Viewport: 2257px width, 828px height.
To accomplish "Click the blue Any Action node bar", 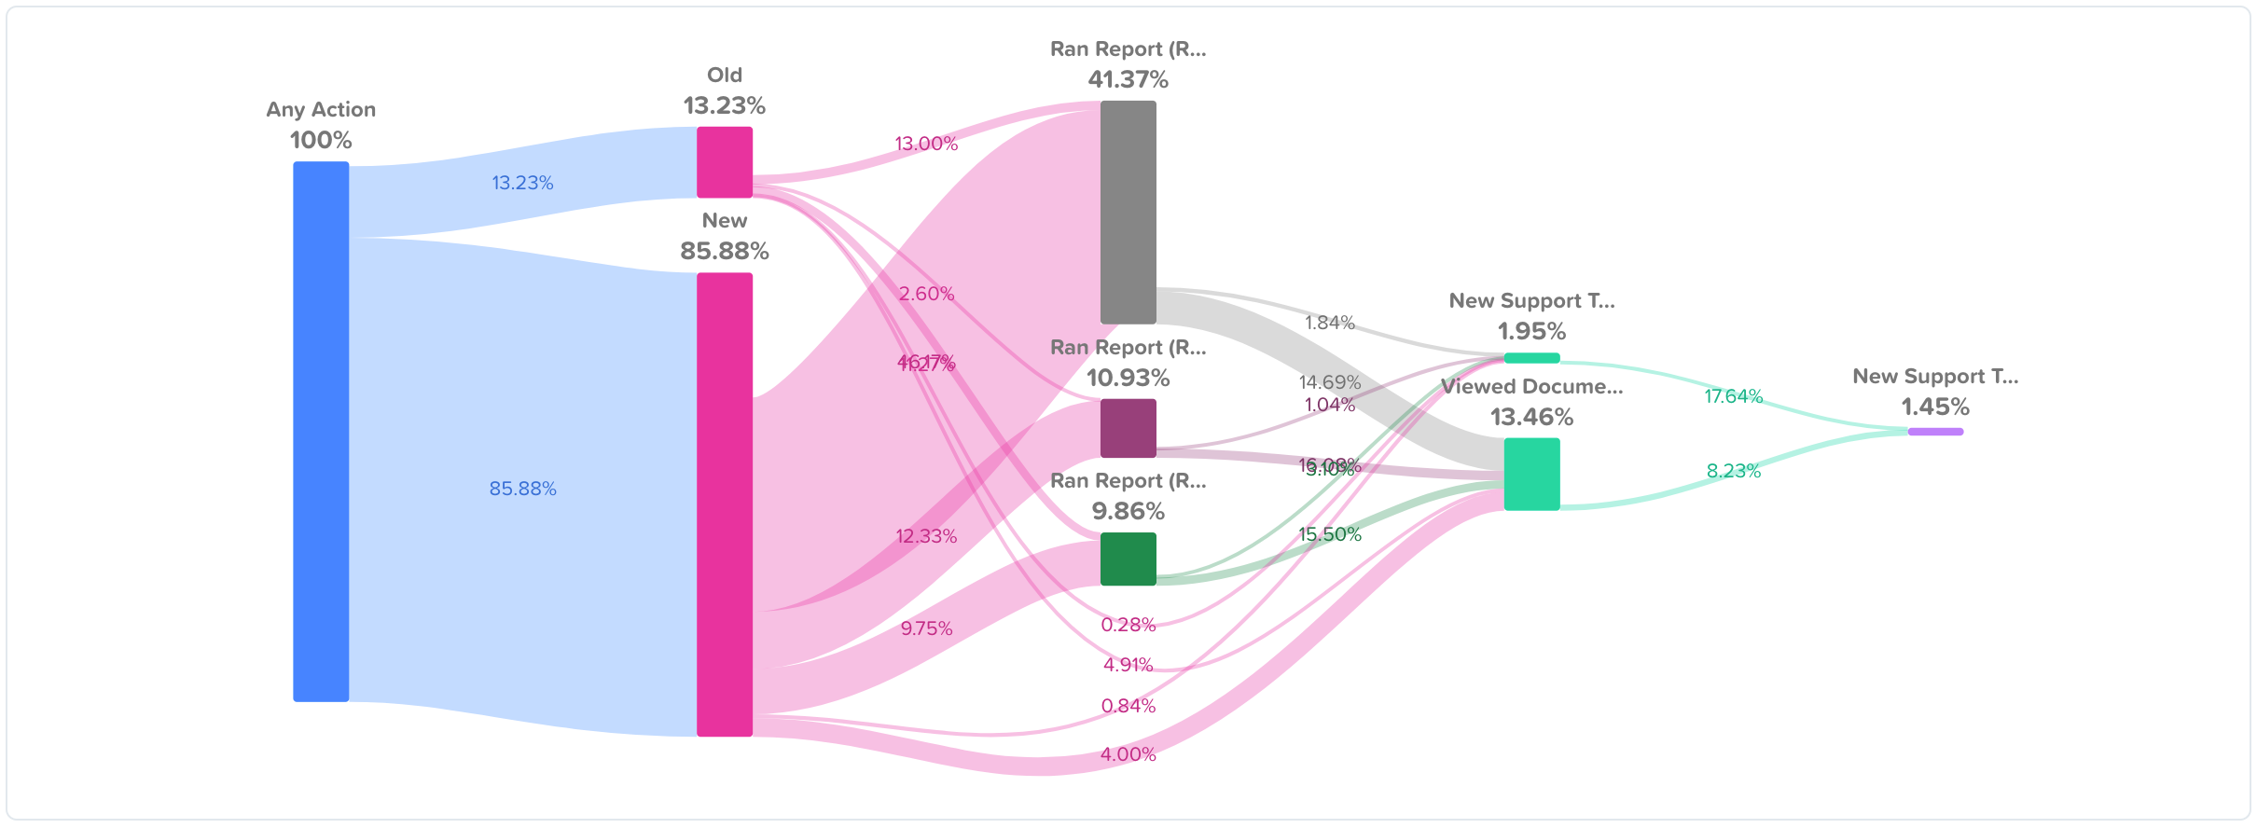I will coord(321,431).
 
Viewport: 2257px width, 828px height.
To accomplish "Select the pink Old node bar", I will coord(725,162).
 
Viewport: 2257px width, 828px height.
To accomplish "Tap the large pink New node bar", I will coord(725,504).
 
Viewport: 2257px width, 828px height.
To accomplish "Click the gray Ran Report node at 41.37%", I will coord(1128,213).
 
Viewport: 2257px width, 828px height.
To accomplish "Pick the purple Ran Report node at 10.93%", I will coord(1128,428).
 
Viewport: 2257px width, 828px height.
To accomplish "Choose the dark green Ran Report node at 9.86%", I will coord(1128,559).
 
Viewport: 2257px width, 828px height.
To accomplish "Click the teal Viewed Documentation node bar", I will coord(1531,474).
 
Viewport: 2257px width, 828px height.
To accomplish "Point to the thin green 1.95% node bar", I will coord(1531,358).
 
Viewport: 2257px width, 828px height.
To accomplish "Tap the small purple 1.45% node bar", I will coord(1935,432).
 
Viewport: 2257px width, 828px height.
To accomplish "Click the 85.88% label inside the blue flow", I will coord(522,489).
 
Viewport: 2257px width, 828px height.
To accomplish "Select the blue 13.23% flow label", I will coord(522,183).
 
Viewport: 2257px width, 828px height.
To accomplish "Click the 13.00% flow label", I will coord(926,144).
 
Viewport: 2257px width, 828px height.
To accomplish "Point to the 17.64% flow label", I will coord(1733,396).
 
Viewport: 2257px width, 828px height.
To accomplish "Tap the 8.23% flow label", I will coord(1733,471).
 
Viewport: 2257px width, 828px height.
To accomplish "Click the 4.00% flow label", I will coord(1128,754).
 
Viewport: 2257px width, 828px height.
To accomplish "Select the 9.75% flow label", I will coord(926,628).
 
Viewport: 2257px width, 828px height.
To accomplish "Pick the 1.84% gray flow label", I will coord(1329,323).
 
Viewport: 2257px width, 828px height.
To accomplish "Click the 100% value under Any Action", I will coord(321,140).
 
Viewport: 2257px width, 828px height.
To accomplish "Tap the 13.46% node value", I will coord(1531,417).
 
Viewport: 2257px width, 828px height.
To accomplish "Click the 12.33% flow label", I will coord(926,536).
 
